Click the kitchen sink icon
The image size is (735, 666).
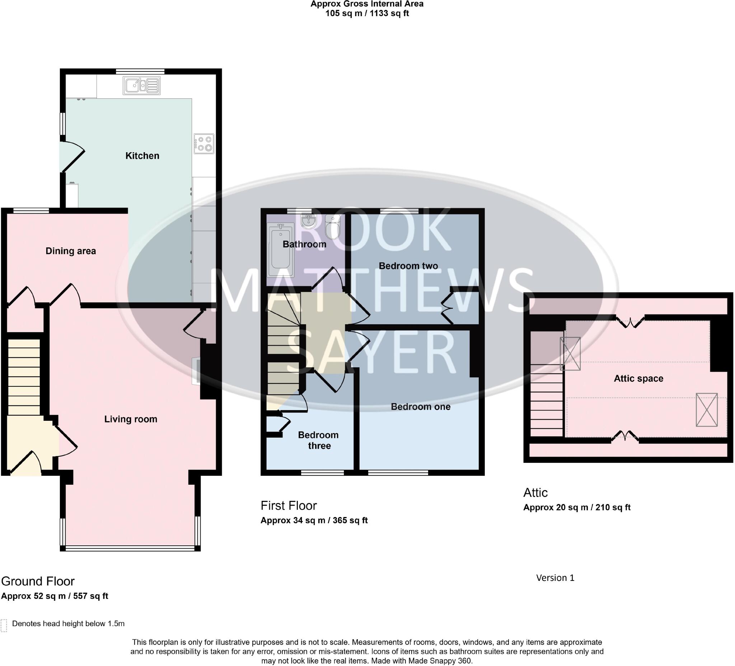click(141, 86)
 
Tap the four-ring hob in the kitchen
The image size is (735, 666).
click(204, 144)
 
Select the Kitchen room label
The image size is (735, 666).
click(142, 156)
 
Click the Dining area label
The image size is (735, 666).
click(71, 251)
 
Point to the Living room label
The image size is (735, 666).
click(131, 419)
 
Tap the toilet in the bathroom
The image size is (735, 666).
click(332, 227)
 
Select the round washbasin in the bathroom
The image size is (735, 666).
click(309, 221)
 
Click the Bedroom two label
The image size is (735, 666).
click(408, 266)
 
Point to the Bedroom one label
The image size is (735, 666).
click(420, 407)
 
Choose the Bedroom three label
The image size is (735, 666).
click(318, 440)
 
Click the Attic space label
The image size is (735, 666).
click(638, 378)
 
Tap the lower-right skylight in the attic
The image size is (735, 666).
click(707, 410)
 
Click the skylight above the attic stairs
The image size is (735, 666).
click(570, 353)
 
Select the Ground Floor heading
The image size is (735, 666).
click(38, 581)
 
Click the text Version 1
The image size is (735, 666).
click(555, 578)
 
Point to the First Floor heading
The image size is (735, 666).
click(289, 506)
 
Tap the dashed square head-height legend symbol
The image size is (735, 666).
click(4, 625)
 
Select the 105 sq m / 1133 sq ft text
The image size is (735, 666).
click(367, 14)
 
